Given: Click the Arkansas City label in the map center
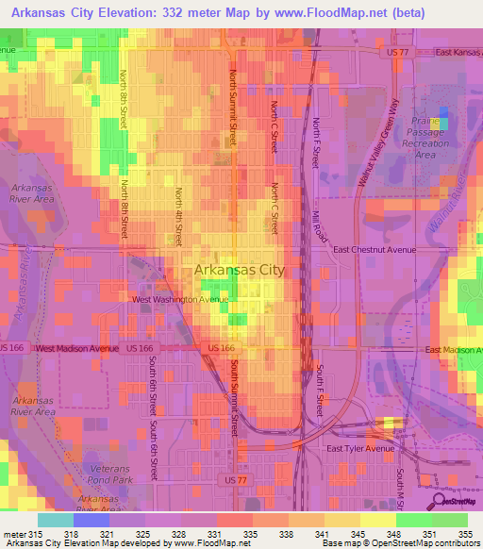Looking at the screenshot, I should click(239, 270).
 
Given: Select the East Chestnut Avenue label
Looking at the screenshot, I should click(375, 250).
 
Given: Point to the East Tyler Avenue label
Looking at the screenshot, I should click(359, 449).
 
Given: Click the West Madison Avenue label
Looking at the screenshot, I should click(78, 348).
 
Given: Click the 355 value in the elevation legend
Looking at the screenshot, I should click(464, 535).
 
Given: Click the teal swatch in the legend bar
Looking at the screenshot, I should click(56, 520).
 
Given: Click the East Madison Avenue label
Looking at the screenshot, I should click(452, 350).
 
